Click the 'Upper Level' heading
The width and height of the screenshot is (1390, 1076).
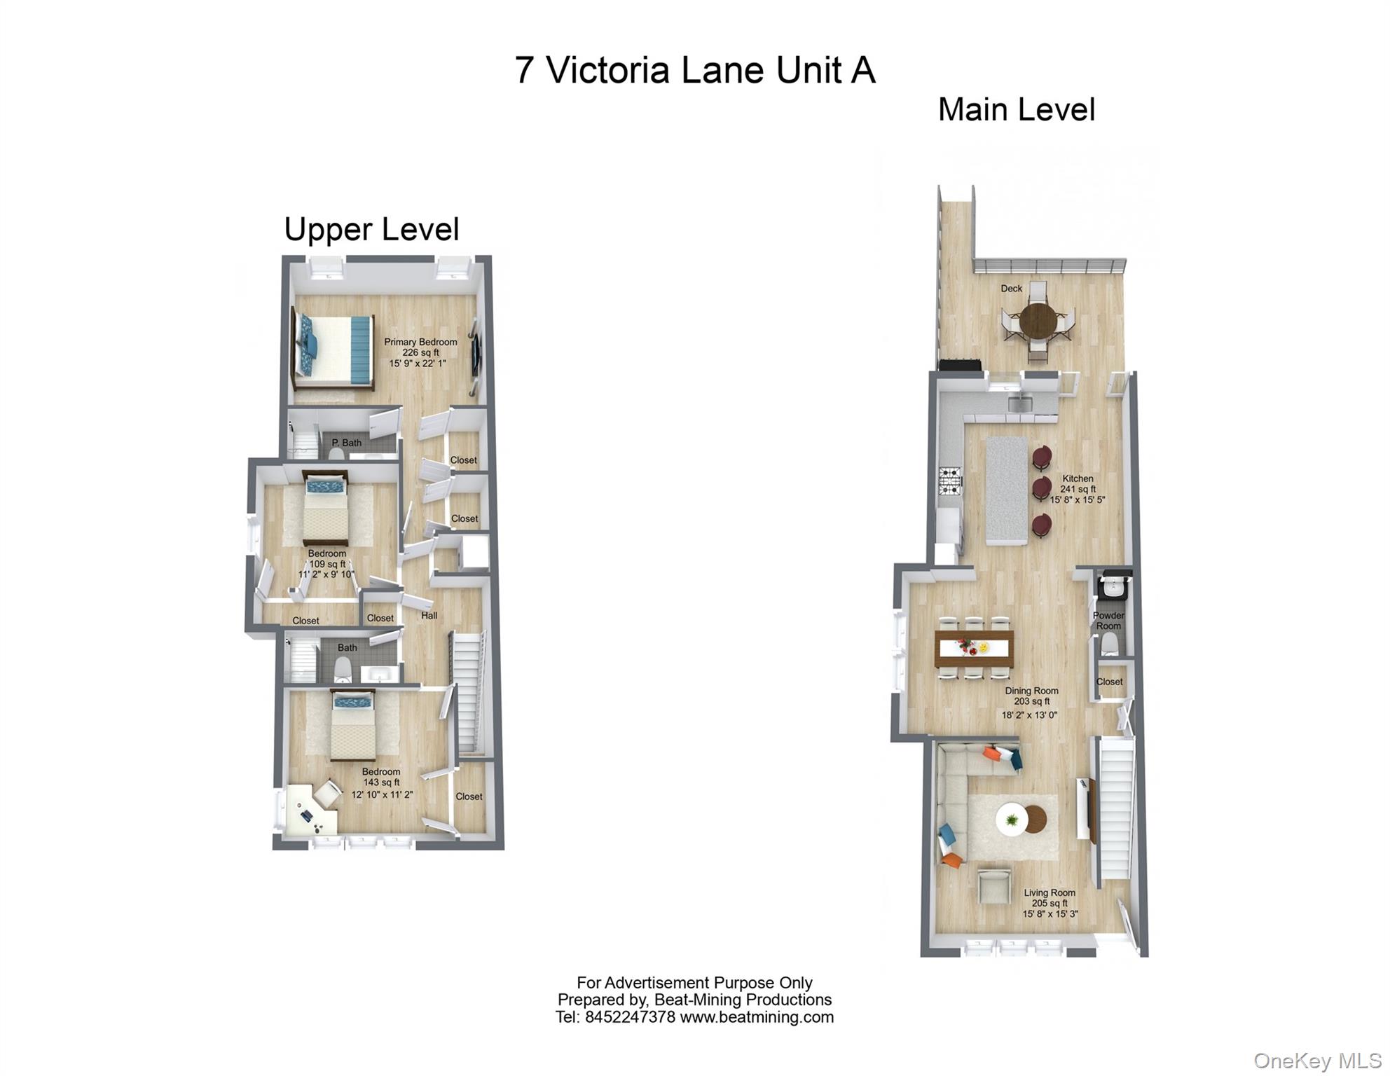pos(371,230)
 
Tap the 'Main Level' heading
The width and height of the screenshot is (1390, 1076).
pos(1016,110)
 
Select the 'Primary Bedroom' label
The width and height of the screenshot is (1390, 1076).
pos(420,343)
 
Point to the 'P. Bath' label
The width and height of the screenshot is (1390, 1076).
pos(347,443)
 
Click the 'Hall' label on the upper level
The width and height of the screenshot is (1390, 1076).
pos(429,616)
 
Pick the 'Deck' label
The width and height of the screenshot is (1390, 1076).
pos(1011,289)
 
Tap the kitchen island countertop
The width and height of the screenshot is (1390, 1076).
pos(1006,490)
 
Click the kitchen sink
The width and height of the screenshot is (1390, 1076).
pos(1020,403)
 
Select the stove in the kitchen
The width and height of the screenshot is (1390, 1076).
pos(950,481)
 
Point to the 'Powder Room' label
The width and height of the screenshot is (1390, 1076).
pos(1108,621)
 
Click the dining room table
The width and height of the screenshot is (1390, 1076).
pos(974,649)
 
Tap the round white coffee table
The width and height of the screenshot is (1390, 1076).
pos(1012,818)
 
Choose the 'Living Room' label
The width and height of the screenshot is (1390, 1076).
pos(1049,893)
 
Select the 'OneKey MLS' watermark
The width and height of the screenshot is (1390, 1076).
pos(1317,1061)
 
